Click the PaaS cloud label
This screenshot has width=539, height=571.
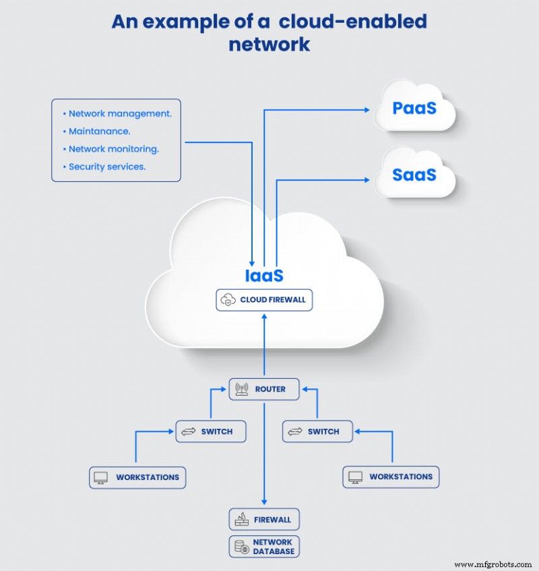[x=414, y=109]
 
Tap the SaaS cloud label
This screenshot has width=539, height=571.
[x=414, y=175]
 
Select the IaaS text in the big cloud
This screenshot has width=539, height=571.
[x=264, y=276]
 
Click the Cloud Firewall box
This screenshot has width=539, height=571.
[x=264, y=300]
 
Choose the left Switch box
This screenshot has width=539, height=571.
[x=210, y=431]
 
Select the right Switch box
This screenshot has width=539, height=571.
[x=317, y=431]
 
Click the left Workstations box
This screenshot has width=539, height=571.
[x=137, y=477]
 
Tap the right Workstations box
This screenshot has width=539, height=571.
[x=391, y=477]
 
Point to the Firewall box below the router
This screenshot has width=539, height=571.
[x=264, y=520]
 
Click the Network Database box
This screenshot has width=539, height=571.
[x=264, y=547]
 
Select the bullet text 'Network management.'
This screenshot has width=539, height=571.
[x=120, y=114]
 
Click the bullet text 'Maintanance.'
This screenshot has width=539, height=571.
[x=99, y=131]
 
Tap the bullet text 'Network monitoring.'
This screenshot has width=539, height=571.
[x=113, y=149]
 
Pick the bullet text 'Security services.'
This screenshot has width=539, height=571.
[x=106, y=167]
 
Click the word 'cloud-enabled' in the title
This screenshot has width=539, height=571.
[x=353, y=22]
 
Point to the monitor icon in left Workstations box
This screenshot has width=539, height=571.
[x=101, y=477]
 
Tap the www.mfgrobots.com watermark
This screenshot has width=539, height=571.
[x=493, y=564]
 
